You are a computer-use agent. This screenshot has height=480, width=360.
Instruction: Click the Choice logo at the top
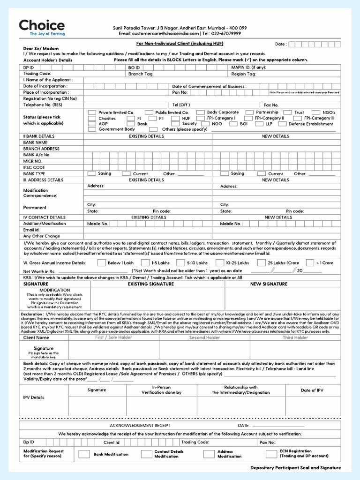(x=42, y=27)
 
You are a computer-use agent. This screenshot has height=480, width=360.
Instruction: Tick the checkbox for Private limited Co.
(x=92, y=112)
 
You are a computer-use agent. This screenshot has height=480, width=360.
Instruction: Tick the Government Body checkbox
(x=92, y=129)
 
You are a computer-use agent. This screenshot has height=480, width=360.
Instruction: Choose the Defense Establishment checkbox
(x=282, y=124)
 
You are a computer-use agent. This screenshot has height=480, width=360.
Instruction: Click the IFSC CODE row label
(x=34, y=167)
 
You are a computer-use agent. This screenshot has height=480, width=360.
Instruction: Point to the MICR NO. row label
(x=33, y=161)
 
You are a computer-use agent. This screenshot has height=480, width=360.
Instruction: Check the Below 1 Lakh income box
(x=100, y=263)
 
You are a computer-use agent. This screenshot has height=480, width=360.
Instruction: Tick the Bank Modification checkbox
(x=84, y=454)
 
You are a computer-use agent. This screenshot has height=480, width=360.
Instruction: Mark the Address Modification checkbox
(x=209, y=454)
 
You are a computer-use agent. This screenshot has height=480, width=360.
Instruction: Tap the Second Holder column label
(x=204, y=337)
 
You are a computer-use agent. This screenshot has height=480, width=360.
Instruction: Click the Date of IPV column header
(x=312, y=390)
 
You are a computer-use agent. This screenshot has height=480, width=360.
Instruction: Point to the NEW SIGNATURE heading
(x=269, y=284)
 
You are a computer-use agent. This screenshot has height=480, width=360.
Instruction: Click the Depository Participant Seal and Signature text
(x=295, y=468)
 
